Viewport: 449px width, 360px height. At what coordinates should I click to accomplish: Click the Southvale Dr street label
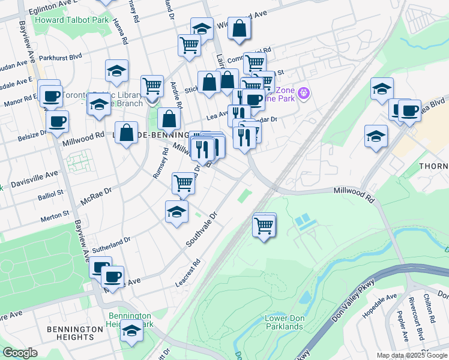200,229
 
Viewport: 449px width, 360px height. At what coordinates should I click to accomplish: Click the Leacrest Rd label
188,272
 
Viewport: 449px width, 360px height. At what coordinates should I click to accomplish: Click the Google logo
20,353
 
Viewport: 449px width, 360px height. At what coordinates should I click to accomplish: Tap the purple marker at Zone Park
304,93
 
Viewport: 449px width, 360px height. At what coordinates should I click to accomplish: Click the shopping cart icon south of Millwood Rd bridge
264,226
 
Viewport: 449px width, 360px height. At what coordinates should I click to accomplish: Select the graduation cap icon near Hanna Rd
116,71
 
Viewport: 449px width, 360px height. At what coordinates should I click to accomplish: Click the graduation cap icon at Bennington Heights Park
131,331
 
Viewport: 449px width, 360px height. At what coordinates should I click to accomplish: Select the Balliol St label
51,194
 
